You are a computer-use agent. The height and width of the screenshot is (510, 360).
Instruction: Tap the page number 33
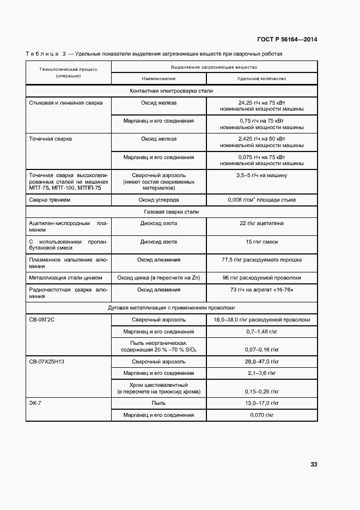coord(314,464)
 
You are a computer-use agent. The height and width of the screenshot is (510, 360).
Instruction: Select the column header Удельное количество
coord(261,79)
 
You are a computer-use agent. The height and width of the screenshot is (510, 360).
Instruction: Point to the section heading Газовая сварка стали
coord(172,211)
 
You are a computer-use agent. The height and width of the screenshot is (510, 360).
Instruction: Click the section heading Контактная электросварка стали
coord(172,90)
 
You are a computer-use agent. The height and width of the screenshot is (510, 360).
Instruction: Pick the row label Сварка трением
coord(50,200)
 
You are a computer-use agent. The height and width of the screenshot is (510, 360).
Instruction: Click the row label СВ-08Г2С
coord(42,320)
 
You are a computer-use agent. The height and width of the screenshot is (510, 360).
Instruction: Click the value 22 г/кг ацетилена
coord(261,223)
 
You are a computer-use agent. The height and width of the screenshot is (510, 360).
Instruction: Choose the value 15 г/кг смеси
coord(261,241)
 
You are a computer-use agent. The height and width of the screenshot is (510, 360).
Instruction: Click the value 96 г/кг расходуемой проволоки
coord(261,278)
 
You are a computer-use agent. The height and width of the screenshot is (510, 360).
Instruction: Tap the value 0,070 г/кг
coord(261,415)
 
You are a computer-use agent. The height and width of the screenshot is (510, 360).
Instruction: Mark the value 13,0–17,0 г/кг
coord(261,403)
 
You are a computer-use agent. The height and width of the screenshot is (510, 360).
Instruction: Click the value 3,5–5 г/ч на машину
coord(261,175)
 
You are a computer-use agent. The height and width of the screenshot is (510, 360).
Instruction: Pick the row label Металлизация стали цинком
coord(65,278)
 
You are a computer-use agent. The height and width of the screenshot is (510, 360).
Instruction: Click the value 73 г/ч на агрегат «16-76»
coord(261,290)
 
